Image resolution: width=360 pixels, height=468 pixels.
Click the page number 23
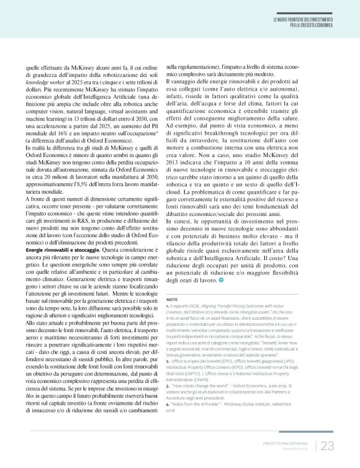327,446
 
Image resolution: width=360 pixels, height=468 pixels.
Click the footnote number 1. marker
168,307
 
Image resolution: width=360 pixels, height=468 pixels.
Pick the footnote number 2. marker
168,360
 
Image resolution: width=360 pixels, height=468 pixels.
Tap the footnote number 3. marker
168,386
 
